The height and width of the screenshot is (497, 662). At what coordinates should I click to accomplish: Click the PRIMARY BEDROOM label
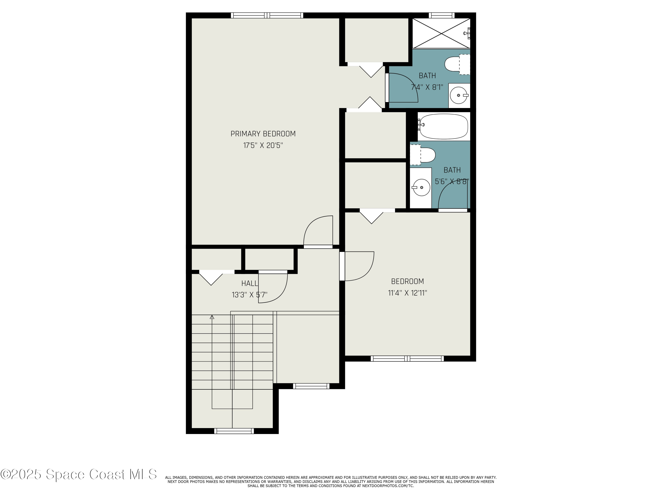(263, 134)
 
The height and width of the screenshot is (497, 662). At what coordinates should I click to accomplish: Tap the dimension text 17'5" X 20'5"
(263, 146)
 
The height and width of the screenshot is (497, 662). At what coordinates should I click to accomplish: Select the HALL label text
(249, 283)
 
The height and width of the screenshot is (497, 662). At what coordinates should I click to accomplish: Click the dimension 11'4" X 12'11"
(407, 293)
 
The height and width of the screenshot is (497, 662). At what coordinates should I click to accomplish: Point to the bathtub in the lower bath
(443, 126)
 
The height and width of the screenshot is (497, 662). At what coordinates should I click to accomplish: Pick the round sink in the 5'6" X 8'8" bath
(421, 188)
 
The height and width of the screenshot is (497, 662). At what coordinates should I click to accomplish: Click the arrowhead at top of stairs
(212, 317)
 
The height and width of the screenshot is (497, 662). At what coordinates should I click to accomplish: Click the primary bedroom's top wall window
(267, 15)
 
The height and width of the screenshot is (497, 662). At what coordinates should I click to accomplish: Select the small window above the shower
(441, 15)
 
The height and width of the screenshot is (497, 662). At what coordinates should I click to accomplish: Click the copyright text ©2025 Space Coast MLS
(78, 474)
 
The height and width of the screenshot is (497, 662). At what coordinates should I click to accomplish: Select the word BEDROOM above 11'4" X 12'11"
(407, 281)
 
